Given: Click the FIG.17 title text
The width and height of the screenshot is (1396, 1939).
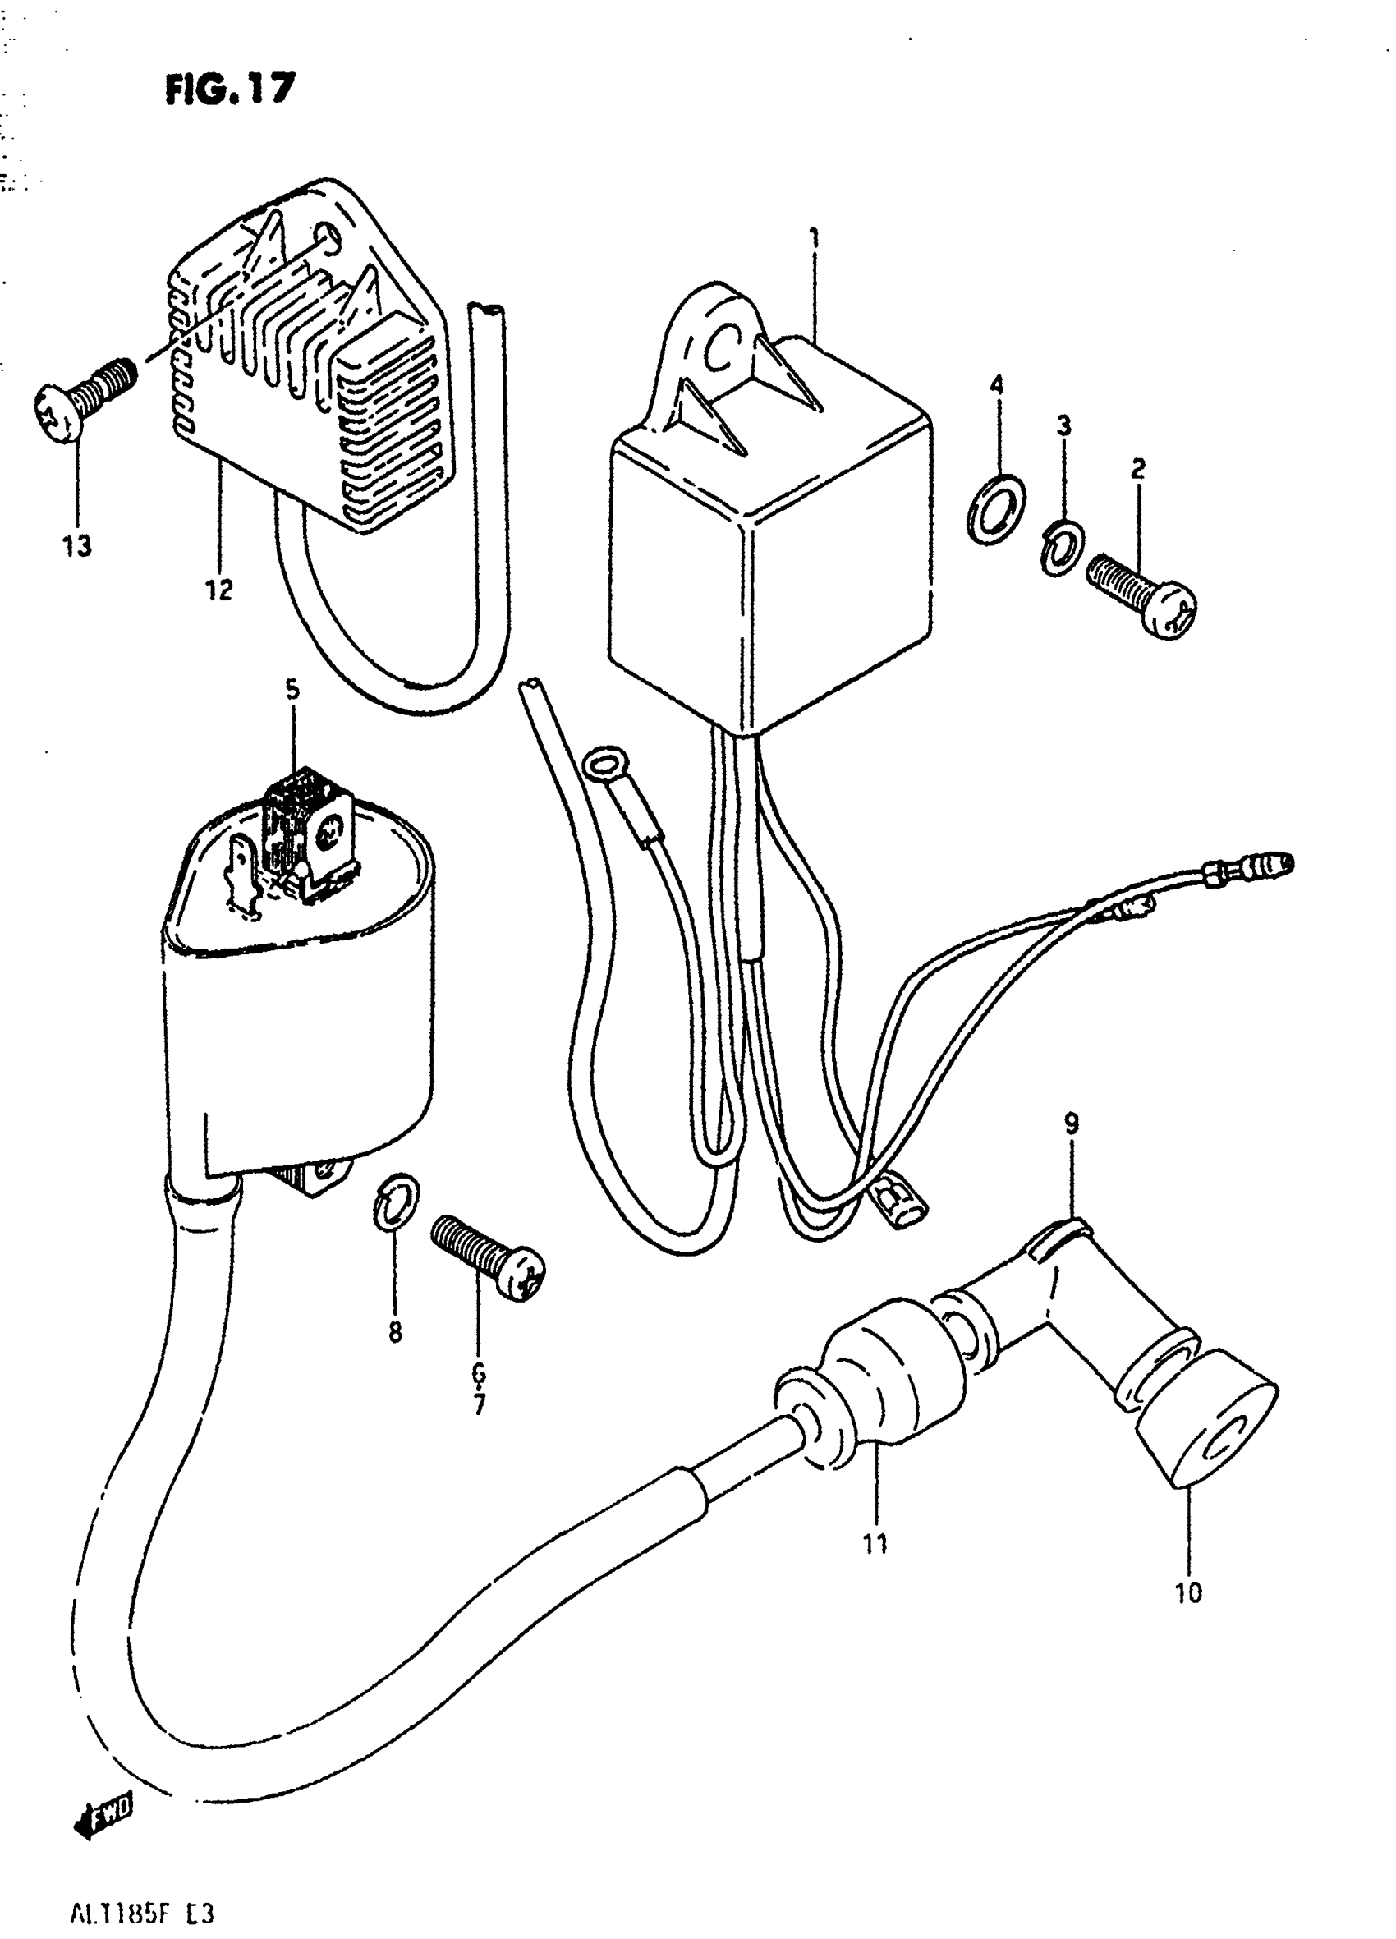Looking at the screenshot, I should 230,88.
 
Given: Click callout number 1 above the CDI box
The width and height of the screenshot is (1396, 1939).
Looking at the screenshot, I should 815,237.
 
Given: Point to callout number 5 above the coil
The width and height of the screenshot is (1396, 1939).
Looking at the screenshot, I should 292,689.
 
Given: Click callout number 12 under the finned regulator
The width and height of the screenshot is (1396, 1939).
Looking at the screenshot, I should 219,589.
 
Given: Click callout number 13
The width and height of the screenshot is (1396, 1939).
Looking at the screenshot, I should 77,545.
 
